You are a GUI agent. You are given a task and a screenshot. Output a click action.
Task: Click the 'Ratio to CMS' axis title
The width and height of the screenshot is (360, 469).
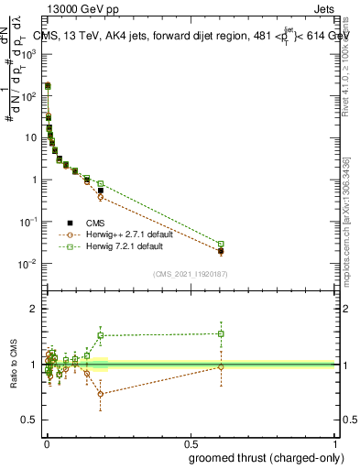coord(15,365)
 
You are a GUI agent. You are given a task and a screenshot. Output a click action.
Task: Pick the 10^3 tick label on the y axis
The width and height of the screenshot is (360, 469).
coord(29,54)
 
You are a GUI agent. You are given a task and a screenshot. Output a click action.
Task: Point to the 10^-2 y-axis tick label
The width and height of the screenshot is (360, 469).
coord(29,264)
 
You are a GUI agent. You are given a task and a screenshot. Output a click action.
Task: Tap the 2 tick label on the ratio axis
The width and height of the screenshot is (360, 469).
coord(34,309)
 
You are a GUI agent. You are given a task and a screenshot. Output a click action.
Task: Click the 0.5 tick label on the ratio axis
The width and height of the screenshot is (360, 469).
coord(30,420)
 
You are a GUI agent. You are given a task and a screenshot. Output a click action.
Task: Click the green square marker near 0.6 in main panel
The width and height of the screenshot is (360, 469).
coord(221,244)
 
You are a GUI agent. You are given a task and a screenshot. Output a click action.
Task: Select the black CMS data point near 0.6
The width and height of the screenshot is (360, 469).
coord(221,250)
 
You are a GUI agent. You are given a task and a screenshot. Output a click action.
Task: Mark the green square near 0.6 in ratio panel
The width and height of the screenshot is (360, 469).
coord(221,333)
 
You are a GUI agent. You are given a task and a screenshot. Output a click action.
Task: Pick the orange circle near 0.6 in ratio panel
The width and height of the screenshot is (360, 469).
coord(221,366)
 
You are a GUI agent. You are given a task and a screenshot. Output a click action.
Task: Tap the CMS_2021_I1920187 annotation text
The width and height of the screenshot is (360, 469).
coord(191,273)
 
